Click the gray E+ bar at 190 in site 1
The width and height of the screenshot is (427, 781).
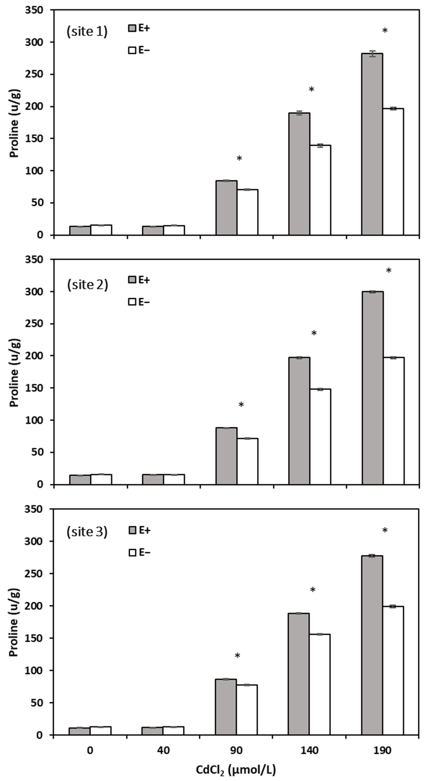[x=372, y=144]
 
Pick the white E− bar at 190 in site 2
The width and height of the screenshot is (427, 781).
[x=394, y=421]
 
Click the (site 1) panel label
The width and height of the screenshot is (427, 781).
[x=87, y=32]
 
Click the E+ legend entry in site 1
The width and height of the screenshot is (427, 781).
[x=139, y=28]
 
